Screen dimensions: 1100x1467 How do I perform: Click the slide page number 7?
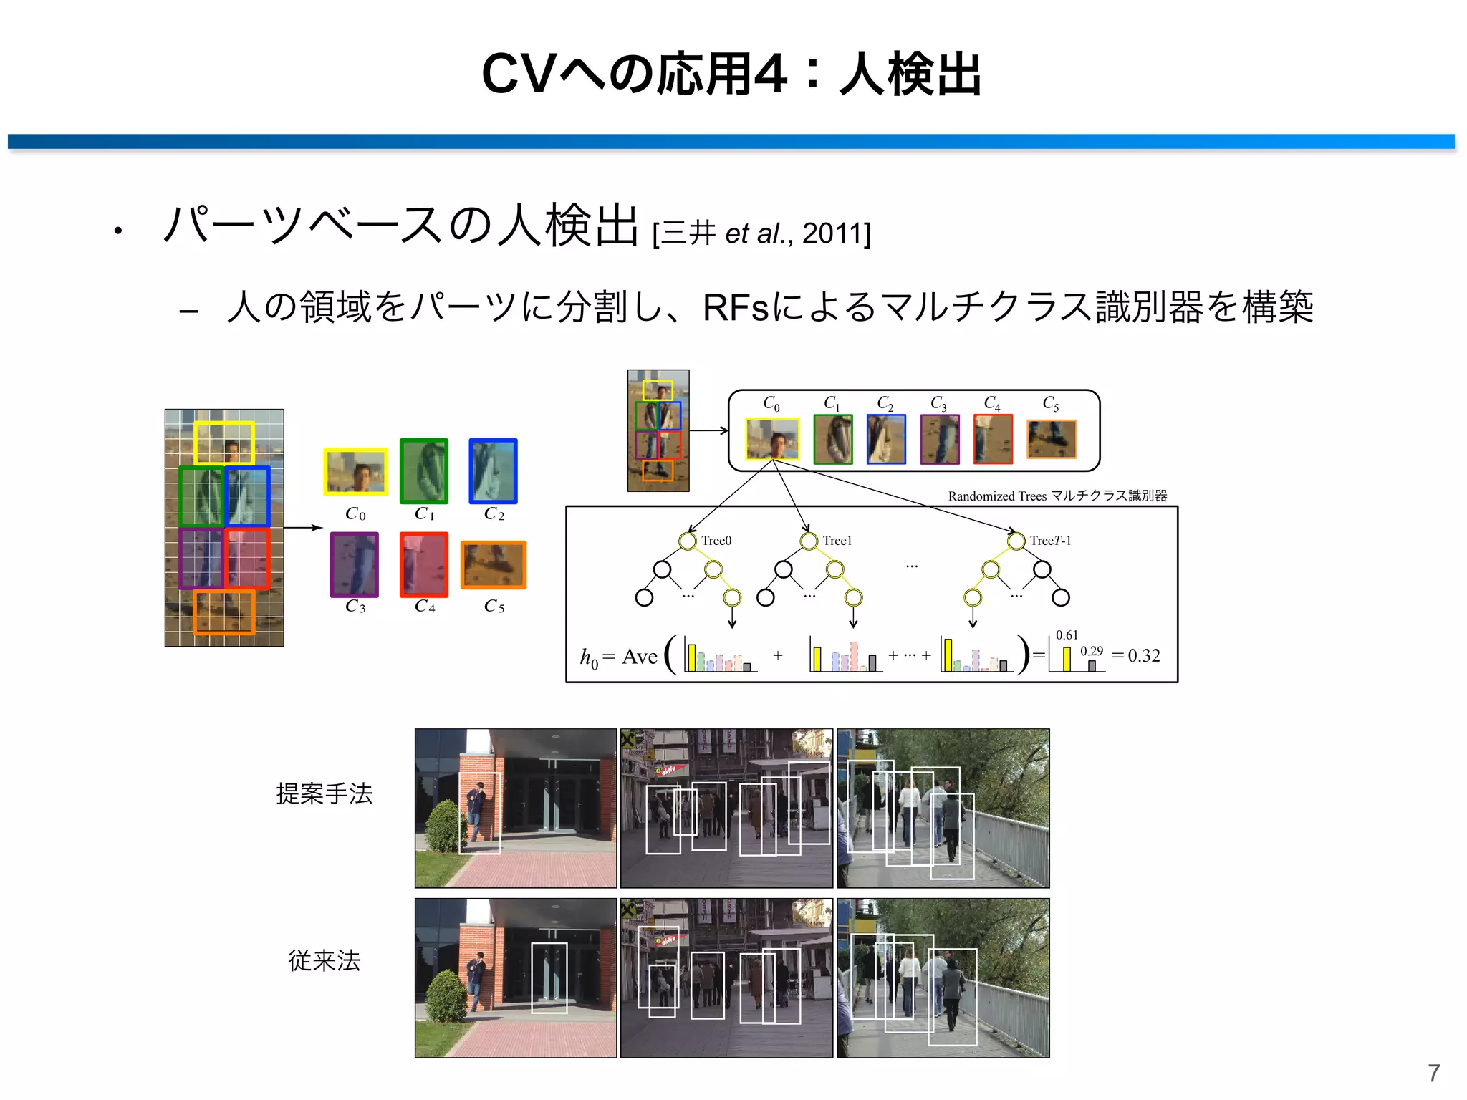pyautogui.click(x=1433, y=1073)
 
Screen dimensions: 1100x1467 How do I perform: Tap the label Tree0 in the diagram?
pyautogui.click(x=716, y=541)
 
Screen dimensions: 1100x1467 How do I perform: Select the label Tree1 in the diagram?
pyautogui.click(x=837, y=541)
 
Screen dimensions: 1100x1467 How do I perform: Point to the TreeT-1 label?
pyautogui.click(x=1050, y=541)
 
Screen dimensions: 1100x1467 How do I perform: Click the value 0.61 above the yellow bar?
pyautogui.click(x=1067, y=635)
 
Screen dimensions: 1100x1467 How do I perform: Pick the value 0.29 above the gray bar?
pyautogui.click(x=1092, y=651)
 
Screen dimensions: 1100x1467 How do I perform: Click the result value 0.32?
pyautogui.click(x=1143, y=655)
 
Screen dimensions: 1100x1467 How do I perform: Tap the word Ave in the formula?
pyautogui.click(x=640, y=657)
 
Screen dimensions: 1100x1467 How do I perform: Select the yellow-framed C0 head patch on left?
pyautogui.click(x=355, y=472)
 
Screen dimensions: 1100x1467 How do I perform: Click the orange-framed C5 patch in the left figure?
pyautogui.click(x=494, y=565)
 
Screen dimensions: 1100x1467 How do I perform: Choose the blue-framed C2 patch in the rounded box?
pyautogui.click(x=886, y=439)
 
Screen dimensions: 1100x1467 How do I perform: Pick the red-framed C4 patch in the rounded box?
pyautogui.click(x=993, y=439)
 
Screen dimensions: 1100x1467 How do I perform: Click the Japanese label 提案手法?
pyautogui.click(x=324, y=793)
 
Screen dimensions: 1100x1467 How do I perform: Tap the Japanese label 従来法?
pyautogui.click(x=324, y=960)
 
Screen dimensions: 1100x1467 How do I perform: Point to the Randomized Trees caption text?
pyautogui.click(x=997, y=496)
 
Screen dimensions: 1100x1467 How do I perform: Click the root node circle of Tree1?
pyautogui.click(x=809, y=541)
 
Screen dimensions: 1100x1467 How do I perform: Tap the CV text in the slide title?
pyautogui.click(x=519, y=74)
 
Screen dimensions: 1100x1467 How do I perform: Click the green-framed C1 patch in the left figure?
pyautogui.click(x=424, y=471)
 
